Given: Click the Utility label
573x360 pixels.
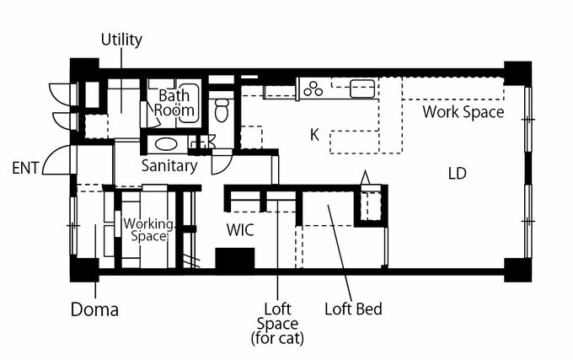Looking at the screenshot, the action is coord(121,40).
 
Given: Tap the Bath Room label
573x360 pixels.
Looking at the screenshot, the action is coord(174,103).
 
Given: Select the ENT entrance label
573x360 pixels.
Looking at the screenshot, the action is coord(25,168).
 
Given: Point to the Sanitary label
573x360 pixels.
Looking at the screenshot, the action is coord(169,166).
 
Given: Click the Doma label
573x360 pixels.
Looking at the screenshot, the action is coord(94,309).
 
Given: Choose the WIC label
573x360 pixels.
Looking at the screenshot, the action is coord(240,230).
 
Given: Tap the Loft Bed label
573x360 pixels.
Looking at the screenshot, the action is coord(353,309).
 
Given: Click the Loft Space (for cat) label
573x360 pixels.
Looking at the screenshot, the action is coord(277,324).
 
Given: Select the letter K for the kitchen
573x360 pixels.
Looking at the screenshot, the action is coord(314,135).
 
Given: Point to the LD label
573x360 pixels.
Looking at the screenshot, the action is coord(458,174).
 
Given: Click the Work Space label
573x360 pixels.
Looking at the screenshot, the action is coord(463,112).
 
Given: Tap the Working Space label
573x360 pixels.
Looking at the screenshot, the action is coord(148,230).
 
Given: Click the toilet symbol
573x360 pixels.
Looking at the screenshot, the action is coord(222,110).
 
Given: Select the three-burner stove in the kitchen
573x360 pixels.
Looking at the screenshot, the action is coord(313,89).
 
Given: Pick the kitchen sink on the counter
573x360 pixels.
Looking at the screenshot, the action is coord(362,89).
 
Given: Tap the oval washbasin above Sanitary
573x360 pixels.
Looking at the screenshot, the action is coord(166,144).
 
